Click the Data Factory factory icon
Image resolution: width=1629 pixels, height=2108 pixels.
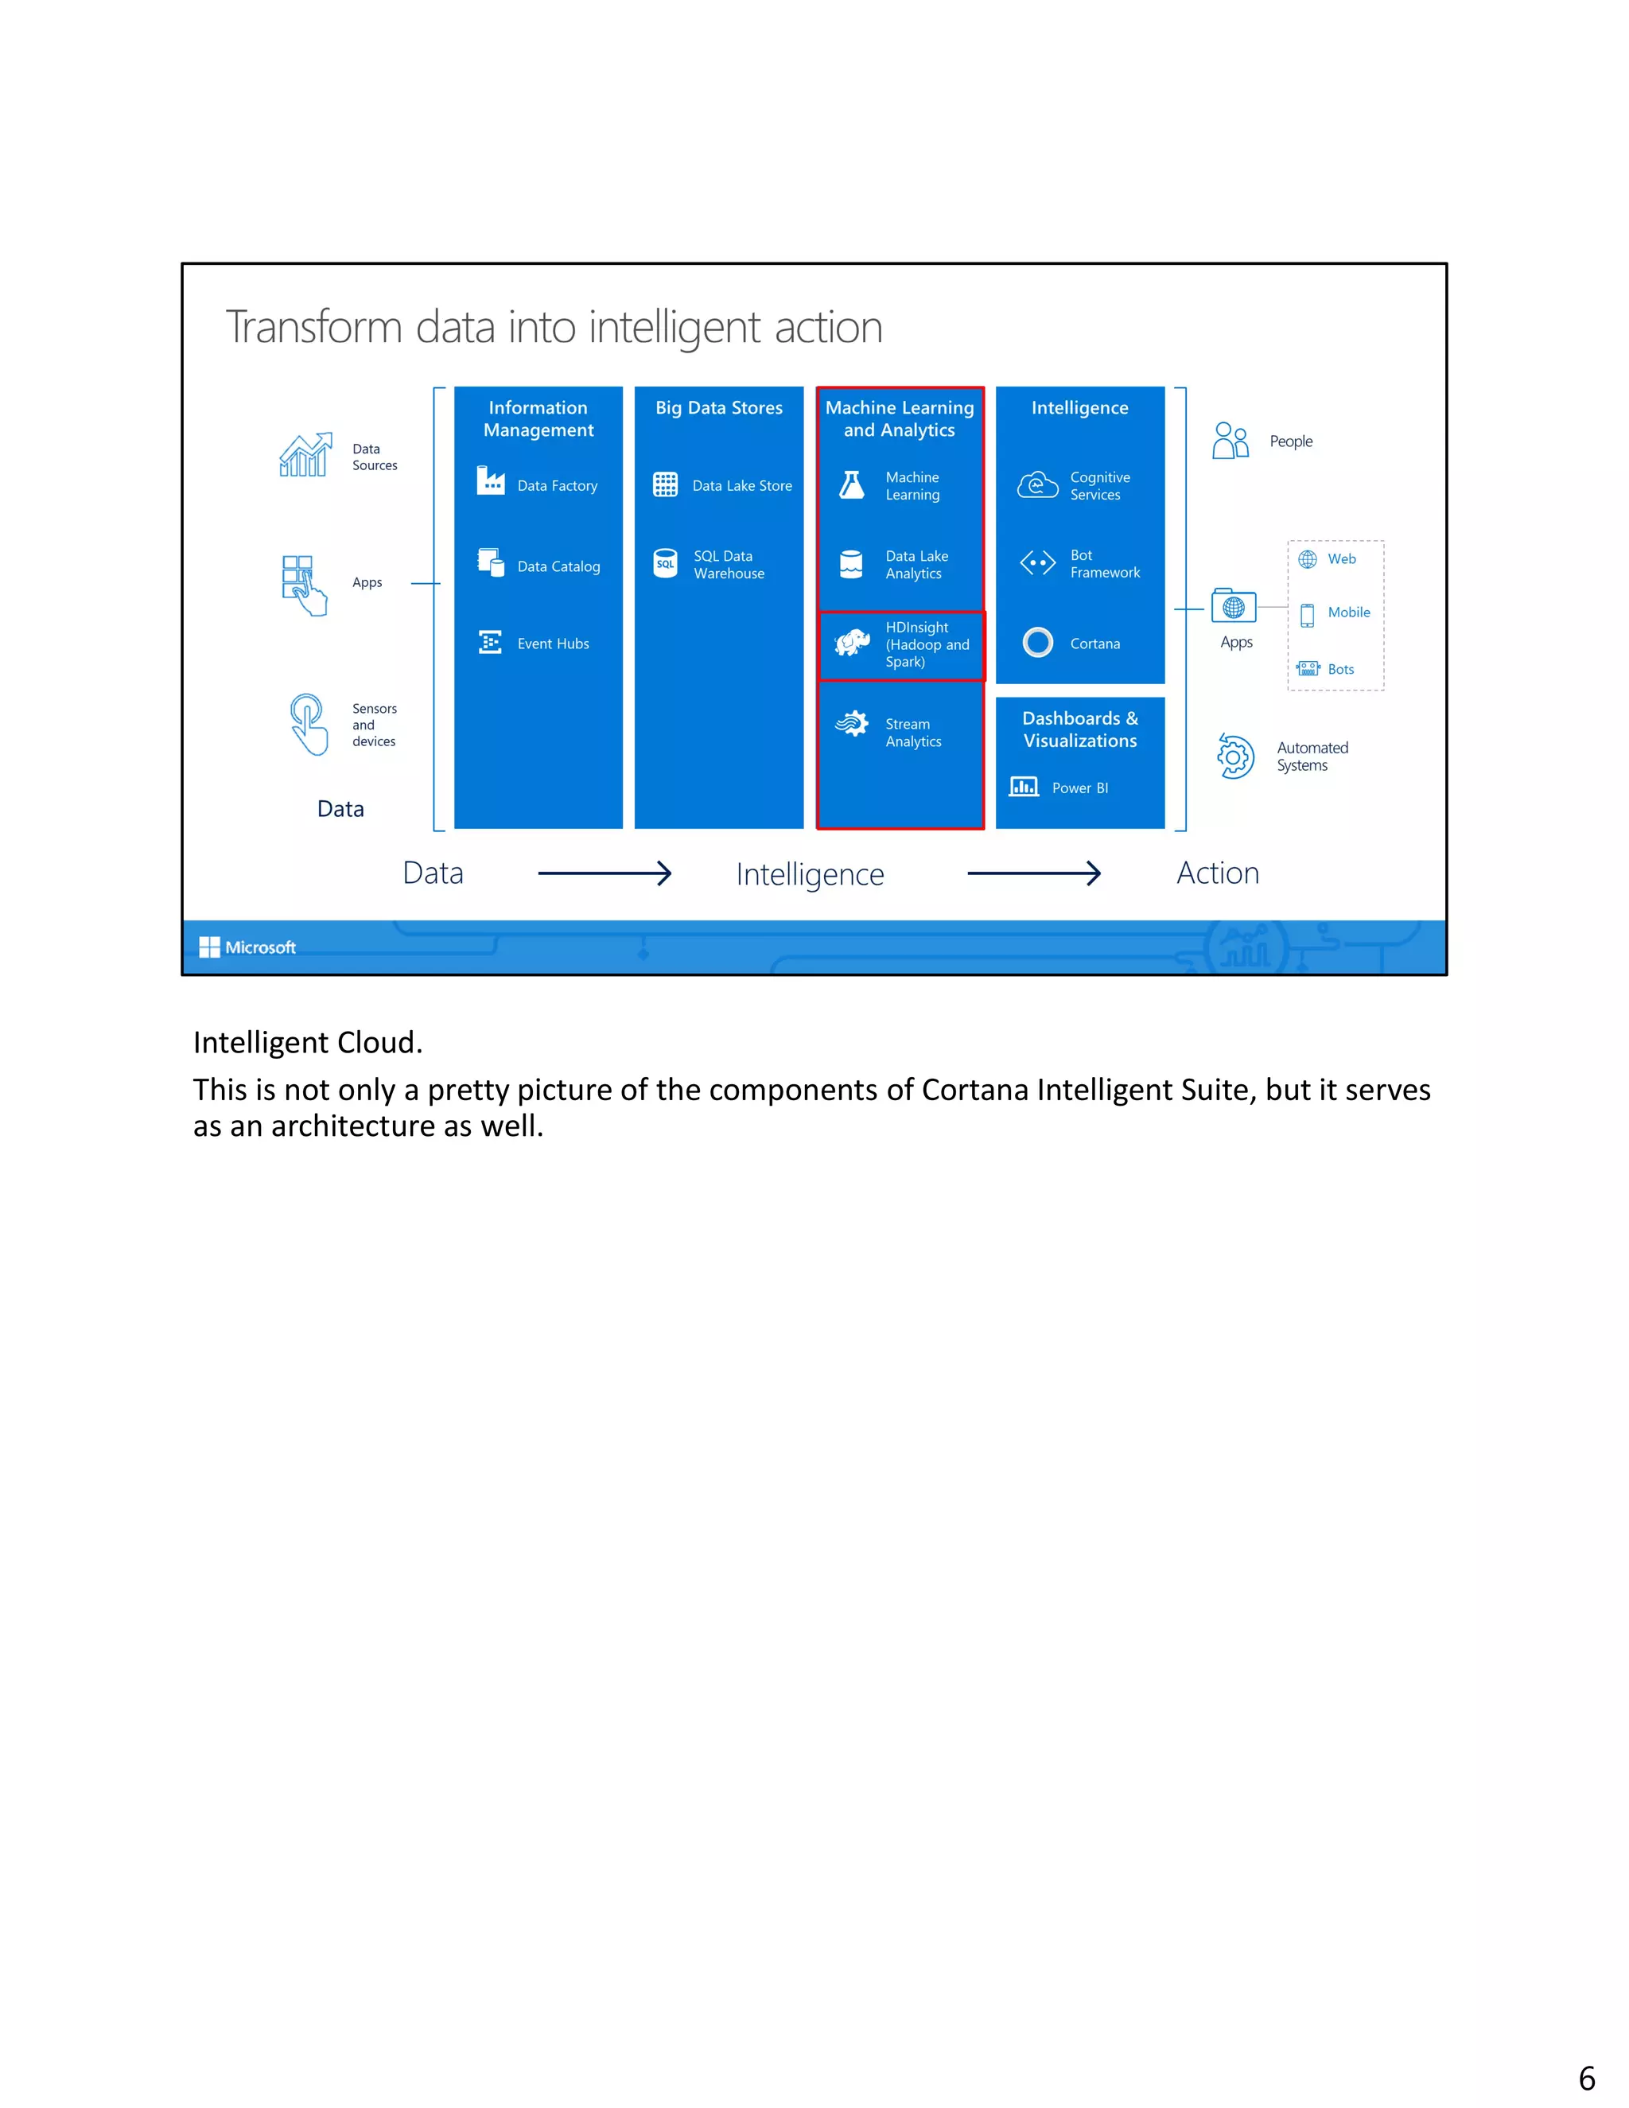pos(490,480)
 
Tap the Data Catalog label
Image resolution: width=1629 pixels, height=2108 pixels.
pos(558,566)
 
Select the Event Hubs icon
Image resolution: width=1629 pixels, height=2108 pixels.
pos(490,642)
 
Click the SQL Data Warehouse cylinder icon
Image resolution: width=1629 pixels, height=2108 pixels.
pos(665,564)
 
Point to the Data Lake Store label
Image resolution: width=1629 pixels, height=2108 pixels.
pos(741,485)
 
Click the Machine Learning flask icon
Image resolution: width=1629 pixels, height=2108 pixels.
pos(851,484)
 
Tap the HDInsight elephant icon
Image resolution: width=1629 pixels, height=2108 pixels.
pos(852,642)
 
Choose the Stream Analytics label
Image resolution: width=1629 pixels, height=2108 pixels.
pos(913,733)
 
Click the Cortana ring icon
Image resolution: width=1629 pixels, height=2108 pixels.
pos(1037,642)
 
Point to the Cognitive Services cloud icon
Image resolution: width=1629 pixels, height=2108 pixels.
pos(1037,484)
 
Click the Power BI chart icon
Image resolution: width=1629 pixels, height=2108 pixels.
pos(1023,787)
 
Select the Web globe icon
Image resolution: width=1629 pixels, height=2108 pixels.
pos(1307,559)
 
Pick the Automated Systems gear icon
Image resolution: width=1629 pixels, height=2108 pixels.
pos(1234,756)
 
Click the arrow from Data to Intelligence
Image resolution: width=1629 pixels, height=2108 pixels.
pos(605,873)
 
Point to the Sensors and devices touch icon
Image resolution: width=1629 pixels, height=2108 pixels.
pos(308,723)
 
